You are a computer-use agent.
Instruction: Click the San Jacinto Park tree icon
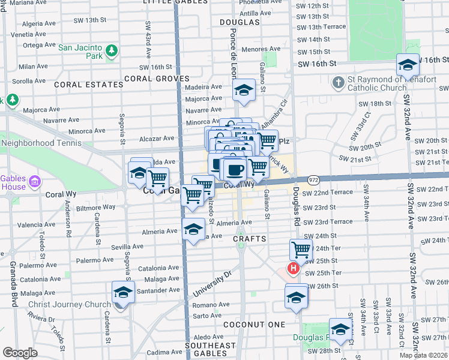[x=111, y=52]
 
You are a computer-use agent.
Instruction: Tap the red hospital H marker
[x=294, y=268]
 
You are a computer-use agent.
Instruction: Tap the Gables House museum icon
[x=34, y=182]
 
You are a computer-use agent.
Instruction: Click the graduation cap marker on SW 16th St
[x=408, y=64]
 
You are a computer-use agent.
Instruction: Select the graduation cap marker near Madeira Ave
[x=243, y=90]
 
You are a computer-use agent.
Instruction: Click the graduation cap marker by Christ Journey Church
[x=123, y=292]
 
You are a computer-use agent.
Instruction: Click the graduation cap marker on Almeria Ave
[x=193, y=229]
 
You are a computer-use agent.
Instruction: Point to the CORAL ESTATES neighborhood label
[x=89, y=85]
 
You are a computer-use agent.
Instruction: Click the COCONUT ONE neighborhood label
[x=254, y=324]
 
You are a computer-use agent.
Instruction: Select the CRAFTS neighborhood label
[x=249, y=239]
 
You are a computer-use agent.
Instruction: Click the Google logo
[x=20, y=353]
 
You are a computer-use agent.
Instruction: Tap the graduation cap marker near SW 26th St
[x=296, y=297]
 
